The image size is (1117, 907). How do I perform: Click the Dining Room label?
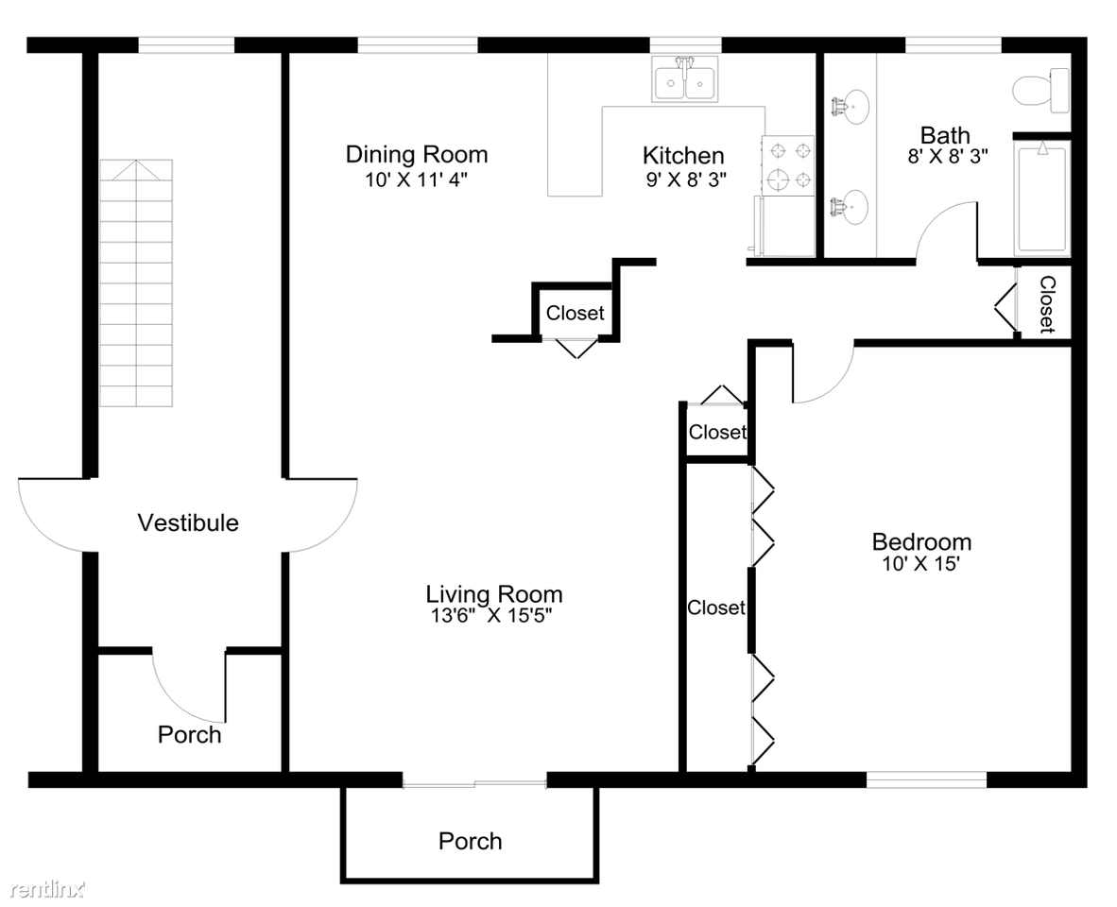coord(416,154)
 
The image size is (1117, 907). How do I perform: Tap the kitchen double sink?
coord(685,83)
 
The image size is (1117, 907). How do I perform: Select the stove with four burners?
coord(788,165)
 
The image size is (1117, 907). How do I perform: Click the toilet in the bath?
coord(1040,91)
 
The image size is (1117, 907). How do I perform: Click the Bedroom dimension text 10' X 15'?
coord(920,564)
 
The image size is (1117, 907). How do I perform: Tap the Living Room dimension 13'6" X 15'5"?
coord(490,616)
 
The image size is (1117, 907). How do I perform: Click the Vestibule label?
coord(188,522)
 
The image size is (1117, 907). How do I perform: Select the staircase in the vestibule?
coord(137,283)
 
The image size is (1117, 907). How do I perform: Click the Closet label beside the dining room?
coord(575,313)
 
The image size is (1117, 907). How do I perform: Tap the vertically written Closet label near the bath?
coord(1047,304)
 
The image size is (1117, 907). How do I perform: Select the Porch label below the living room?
coord(470,840)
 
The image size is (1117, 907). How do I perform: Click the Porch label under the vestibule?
coord(189,734)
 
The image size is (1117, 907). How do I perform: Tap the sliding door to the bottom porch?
coord(474,781)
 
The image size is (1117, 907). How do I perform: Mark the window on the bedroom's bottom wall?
coord(926,779)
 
